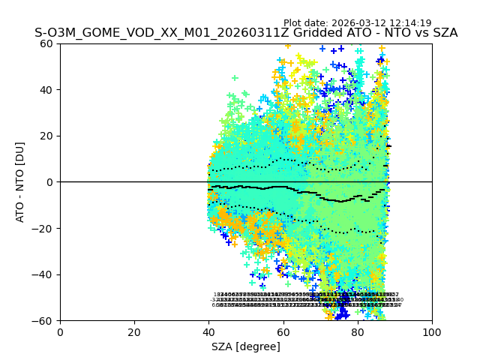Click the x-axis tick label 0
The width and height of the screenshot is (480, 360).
click(x=60, y=331)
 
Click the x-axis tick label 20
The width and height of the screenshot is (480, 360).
click(x=134, y=331)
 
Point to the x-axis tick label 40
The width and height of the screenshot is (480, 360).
click(x=208, y=331)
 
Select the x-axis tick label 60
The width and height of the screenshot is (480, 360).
click(x=283, y=331)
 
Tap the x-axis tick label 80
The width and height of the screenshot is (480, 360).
click(x=357, y=331)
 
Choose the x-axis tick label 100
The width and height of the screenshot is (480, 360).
click(x=432, y=331)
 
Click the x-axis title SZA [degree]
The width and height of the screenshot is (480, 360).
click(x=246, y=346)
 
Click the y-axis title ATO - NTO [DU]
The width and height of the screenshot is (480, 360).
click(x=20, y=182)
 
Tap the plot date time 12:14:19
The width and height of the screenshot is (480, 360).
click(x=410, y=23)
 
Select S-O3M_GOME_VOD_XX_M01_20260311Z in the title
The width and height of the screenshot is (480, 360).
click(x=151, y=33)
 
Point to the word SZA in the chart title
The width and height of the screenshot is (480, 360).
click(x=444, y=33)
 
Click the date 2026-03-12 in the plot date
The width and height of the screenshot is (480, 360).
click(x=359, y=23)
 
